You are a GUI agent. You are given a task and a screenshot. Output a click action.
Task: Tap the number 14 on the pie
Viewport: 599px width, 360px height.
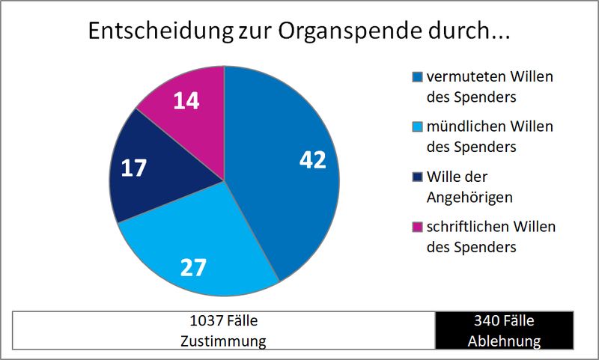click(x=186, y=101)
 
